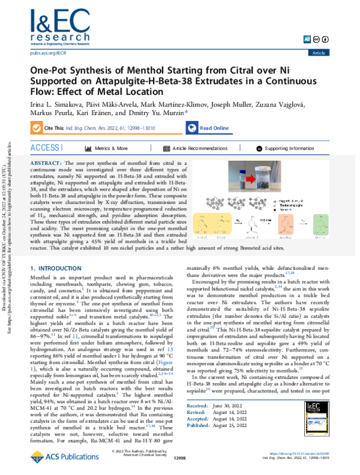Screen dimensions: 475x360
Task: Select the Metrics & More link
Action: tap(110, 148)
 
